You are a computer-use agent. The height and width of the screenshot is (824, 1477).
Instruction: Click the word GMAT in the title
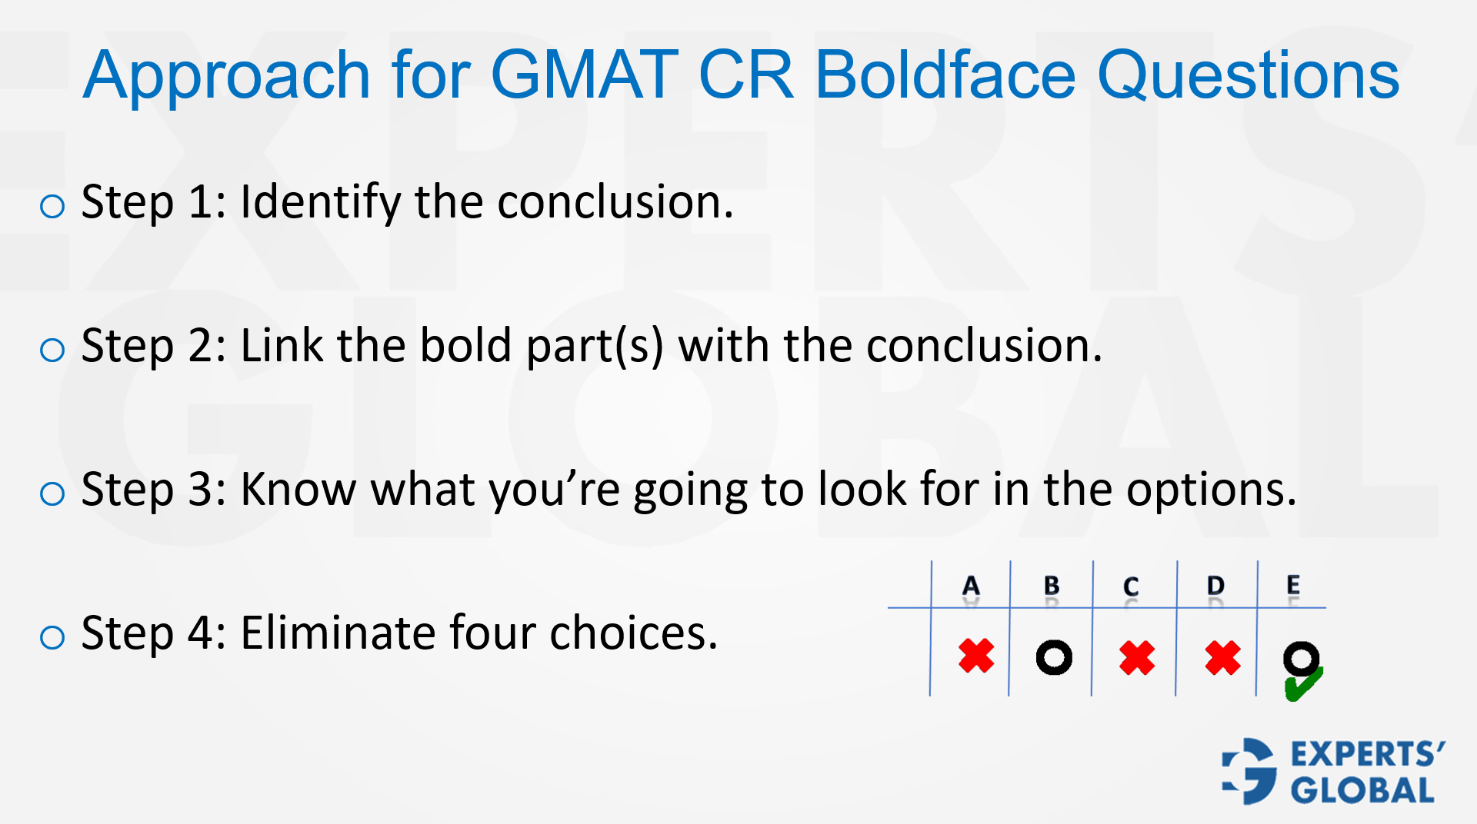(584, 75)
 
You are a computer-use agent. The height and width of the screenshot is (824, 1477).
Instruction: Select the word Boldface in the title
(945, 75)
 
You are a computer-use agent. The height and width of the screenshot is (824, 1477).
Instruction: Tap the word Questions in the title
(1248, 75)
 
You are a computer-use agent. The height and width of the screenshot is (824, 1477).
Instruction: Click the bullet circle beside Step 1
(52, 206)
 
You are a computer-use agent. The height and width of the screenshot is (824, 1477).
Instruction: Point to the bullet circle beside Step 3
(52, 493)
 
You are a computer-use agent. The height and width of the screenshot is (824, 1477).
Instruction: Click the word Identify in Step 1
(320, 203)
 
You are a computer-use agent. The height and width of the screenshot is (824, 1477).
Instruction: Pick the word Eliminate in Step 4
(338, 633)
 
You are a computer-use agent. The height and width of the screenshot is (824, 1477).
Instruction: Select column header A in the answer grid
(971, 586)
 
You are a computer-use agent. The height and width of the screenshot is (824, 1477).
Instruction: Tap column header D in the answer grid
(1215, 586)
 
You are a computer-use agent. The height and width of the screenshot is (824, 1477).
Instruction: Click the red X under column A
(976, 656)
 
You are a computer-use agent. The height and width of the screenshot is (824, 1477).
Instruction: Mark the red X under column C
(1137, 658)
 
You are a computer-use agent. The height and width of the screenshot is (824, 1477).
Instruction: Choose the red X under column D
(1222, 658)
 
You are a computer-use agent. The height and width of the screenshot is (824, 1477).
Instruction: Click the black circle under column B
(1054, 658)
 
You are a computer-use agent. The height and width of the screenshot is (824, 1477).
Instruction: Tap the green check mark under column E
(1303, 685)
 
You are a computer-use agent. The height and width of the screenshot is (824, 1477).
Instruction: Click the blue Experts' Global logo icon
(1250, 771)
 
